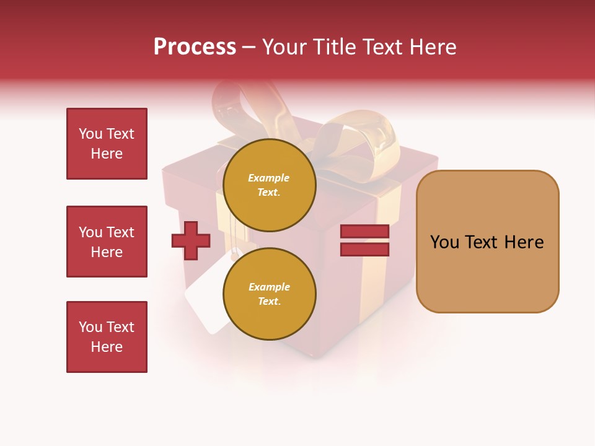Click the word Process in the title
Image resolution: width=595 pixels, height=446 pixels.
pyautogui.click(x=195, y=46)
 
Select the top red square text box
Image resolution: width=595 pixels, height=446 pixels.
pyautogui.click(x=107, y=144)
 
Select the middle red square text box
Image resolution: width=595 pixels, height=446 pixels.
pyautogui.click(x=107, y=242)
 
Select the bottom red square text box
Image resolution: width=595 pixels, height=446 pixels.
pyautogui.click(x=107, y=337)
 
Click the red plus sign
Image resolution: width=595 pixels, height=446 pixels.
pyautogui.click(x=191, y=240)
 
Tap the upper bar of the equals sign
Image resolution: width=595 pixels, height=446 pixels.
pyautogui.click(x=364, y=231)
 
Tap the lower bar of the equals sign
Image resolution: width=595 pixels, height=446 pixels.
pyautogui.click(x=364, y=249)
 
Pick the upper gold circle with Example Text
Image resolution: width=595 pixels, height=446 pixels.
pyautogui.click(x=269, y=185)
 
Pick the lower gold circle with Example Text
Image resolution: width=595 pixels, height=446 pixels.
pyautogui.click(x=269, y=294)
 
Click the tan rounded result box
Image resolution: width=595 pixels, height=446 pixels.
pyautogui.click(x=487, y=273)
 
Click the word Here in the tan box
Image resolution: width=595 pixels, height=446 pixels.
pyautogui.click(x=524, y=242)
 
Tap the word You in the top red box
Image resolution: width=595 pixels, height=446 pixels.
pyautogui.click(x=90, y=134)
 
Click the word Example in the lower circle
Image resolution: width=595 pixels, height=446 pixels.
pyautogui.click(x=269, y=287)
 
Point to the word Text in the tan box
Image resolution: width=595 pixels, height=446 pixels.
pyautogui.click(x=484, y=242)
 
